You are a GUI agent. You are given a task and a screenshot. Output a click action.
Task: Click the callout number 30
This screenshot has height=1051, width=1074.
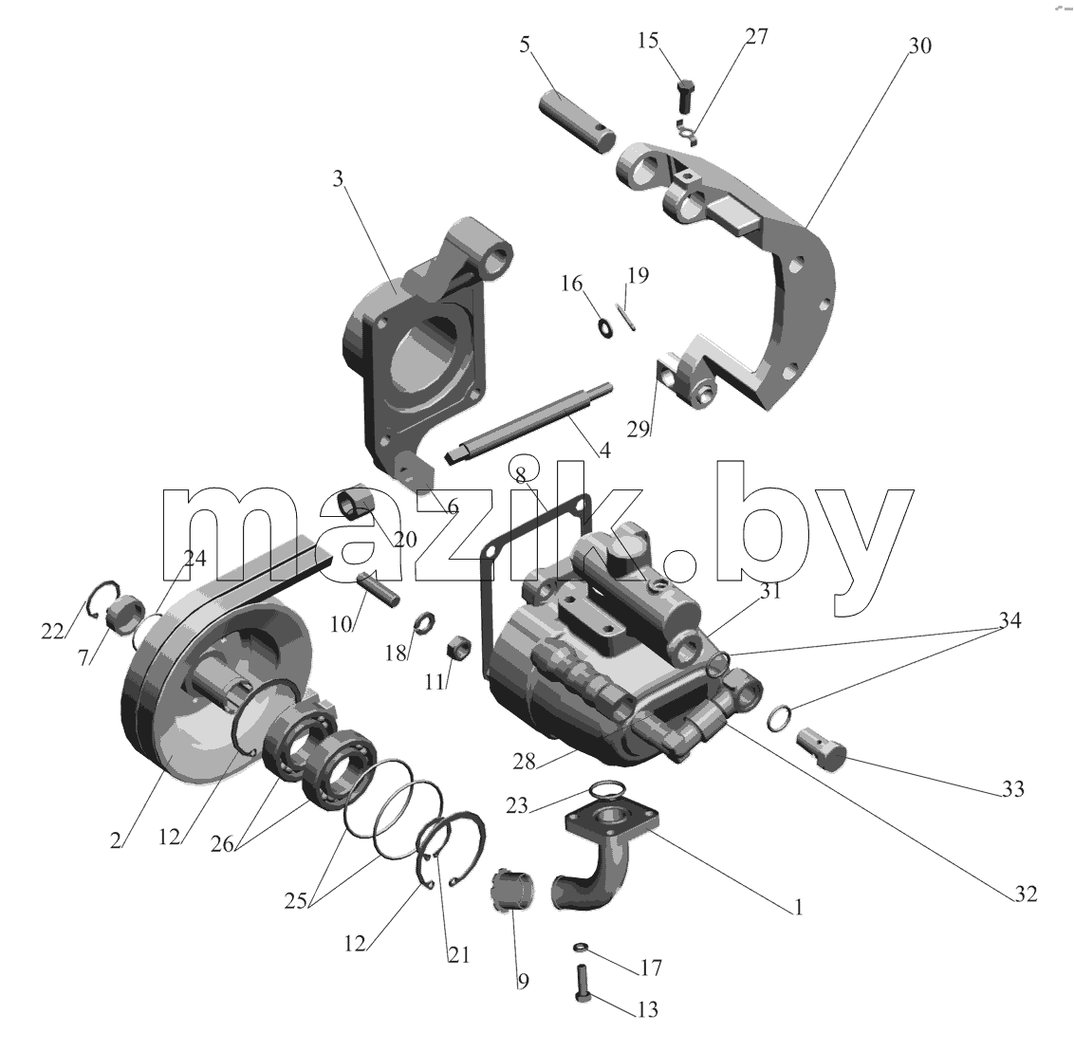[920, 46]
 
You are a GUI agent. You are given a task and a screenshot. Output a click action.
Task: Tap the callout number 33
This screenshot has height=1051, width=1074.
[1012, 789]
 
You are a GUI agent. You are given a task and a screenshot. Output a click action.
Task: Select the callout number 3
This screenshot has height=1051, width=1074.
[338, 178]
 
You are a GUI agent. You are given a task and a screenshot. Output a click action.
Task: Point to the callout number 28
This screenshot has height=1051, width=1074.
[524, 762]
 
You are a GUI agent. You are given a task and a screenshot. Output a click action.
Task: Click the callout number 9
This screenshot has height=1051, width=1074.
[523, 982]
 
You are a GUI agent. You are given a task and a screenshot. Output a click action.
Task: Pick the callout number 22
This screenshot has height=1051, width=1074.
[52, 631]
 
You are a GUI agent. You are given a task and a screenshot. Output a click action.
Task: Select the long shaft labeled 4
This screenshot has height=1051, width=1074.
[528, 425]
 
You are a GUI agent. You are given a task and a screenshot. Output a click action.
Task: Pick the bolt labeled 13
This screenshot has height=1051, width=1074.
[583, 983]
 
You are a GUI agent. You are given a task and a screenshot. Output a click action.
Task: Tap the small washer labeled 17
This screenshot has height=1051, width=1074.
[581, 947]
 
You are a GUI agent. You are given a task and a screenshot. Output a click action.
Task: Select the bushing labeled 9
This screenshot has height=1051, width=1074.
[513, 890]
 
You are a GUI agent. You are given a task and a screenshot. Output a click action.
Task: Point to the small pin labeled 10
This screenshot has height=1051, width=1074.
[378, 587]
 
